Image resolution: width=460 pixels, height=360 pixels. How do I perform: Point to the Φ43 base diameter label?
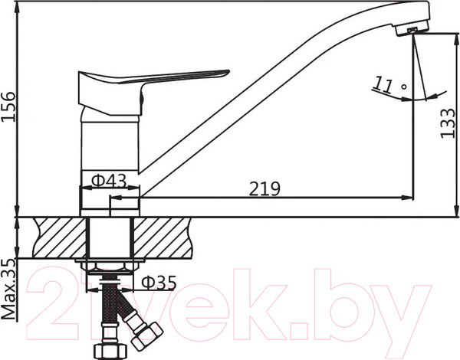110,180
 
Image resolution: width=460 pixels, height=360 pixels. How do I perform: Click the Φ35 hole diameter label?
156,283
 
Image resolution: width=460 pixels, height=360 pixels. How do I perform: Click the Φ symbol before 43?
98,180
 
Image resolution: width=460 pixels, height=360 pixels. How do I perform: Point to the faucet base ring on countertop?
110,203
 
